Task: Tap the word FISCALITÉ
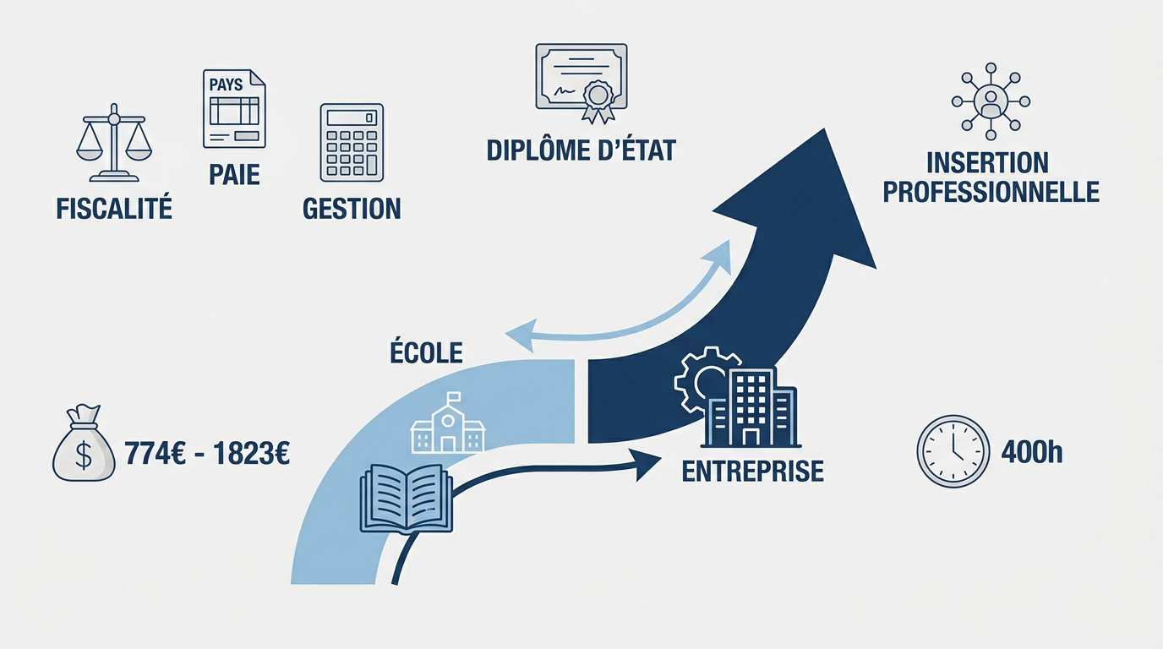tap(114, 208)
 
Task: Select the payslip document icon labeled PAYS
tap(234, 109)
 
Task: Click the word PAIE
tap(234, 175)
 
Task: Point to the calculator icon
tap(352, 142)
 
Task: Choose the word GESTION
tap(352, 208)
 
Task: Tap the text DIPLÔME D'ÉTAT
tap(581, 150)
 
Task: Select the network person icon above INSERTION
tap(991, 101)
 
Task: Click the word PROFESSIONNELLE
tap(991, 192)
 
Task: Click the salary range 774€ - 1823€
tap(207, 454)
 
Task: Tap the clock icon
tap(953, 451)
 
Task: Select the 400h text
tap(1031, 453)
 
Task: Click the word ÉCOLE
tap(427, 352)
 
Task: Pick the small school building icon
tap(448, 428)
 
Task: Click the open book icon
tap(407, 499)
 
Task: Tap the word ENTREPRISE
tap(752, 471)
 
